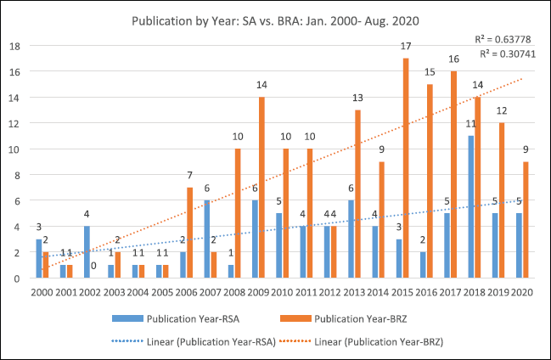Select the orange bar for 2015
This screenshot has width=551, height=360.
(406, 168)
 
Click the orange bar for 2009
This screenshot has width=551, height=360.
(262, 188)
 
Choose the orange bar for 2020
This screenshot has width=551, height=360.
(526, 220)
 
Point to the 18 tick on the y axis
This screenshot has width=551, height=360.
(14, 46)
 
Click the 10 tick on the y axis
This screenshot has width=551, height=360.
(14, 149)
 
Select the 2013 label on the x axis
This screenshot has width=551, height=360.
(351, 292)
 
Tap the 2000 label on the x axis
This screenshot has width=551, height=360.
(42, 292)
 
